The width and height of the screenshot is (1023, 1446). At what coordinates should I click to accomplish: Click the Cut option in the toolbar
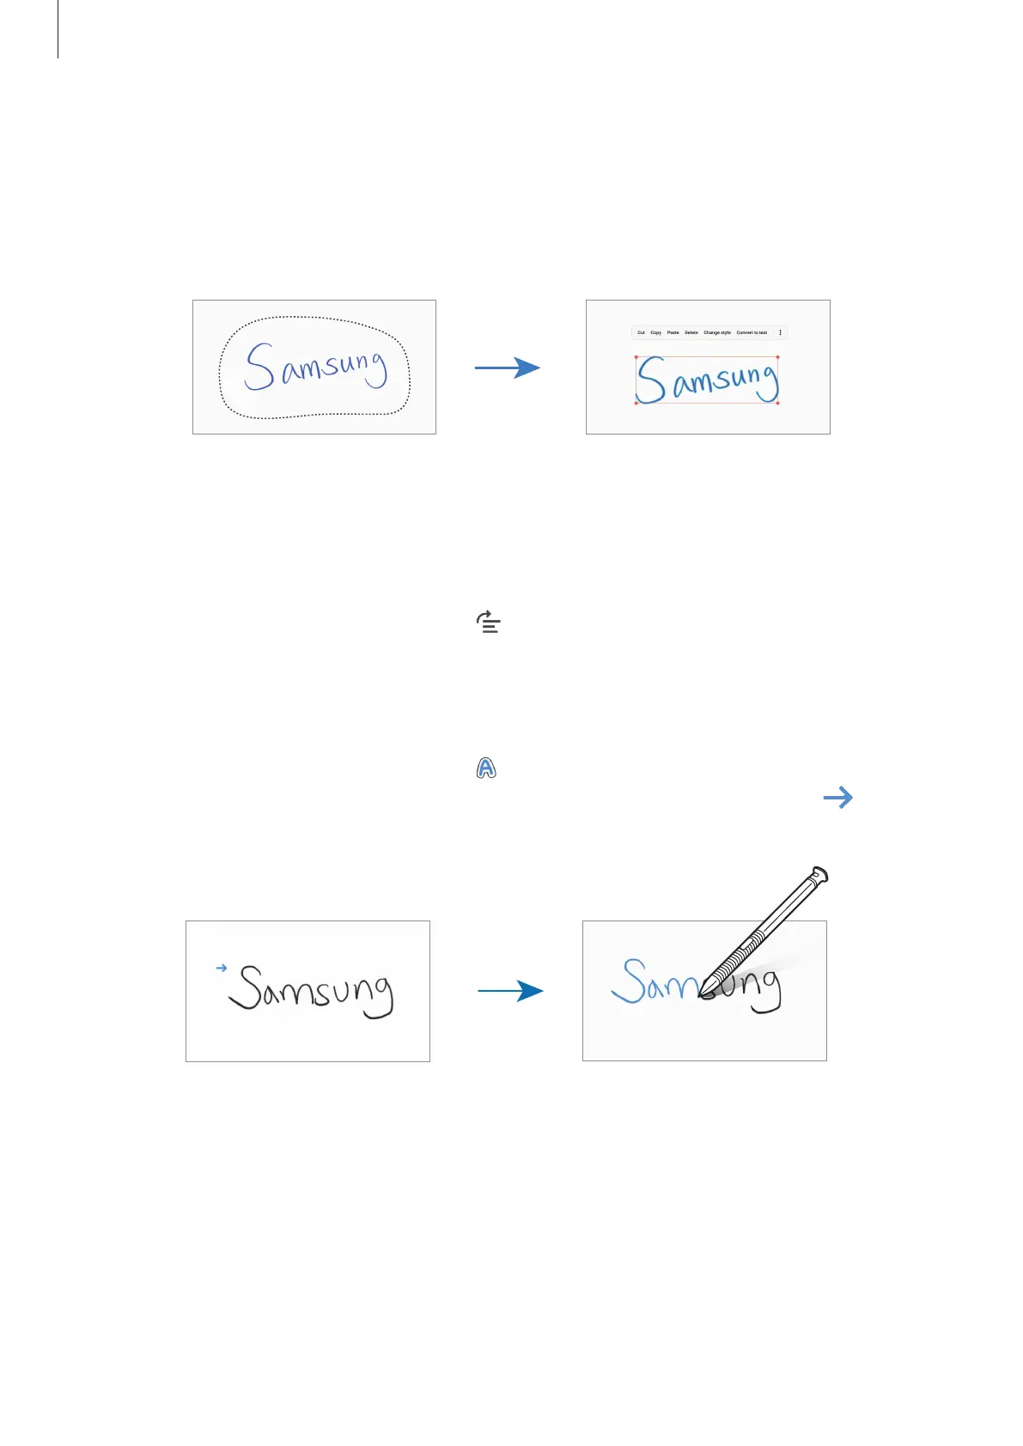[x=641, y=332]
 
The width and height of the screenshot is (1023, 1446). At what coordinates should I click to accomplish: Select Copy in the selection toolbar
[x=655, y=332]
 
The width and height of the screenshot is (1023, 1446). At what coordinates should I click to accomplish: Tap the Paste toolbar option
[x=673, y=332]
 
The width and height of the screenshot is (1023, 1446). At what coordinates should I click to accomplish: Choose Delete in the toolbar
[x=691, y=332]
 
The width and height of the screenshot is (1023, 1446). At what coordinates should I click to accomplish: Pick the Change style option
[x=717, y=332]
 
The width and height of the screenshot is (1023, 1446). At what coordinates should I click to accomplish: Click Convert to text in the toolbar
[x=752, y=332]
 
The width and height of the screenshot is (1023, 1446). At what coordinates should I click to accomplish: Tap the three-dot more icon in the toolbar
[x=780, y=332]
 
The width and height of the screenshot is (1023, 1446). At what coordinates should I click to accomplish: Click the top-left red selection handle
[x=636, y=357]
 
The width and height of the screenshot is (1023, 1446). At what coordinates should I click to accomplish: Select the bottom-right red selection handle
[x=777, y=403]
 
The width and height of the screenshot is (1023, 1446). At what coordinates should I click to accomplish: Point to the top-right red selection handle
[x=777, y=357]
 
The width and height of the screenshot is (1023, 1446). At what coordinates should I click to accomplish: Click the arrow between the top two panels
[x=508, y=368]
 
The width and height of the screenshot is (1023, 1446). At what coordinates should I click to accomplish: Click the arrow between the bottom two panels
[x=510, y=991]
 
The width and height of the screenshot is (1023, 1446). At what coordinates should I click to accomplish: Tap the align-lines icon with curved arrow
[x=489, y=623]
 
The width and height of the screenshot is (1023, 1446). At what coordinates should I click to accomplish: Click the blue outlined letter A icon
[x=486, y=769]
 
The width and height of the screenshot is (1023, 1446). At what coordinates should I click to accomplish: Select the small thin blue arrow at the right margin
[x=837, y=798]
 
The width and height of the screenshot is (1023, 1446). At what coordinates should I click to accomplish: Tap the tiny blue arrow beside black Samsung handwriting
[x=221, y=968]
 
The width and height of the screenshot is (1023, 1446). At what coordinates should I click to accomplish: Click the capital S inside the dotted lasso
[x=259, y=368]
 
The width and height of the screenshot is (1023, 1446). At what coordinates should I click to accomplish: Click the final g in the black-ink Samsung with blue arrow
[x=380, y=999]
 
